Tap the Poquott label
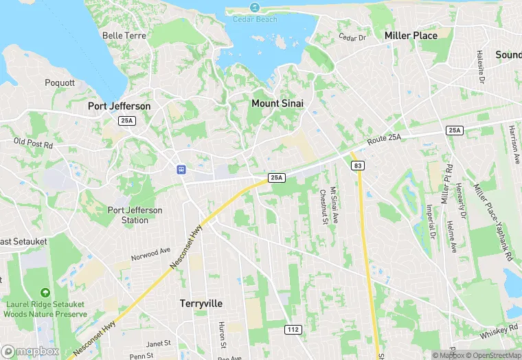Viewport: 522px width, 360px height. (60, 82)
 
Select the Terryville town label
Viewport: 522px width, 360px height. (201, 303)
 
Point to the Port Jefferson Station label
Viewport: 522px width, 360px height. (135, 215)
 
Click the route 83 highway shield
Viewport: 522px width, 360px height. (358, 166)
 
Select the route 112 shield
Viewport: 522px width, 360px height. (293, 330)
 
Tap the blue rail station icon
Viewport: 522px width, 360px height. (181, 169)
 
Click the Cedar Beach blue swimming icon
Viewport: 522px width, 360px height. (254, 8)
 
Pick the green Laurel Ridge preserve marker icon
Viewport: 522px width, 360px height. (45, 293)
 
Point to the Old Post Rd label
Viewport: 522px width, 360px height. (33, 144)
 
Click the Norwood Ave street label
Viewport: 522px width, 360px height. (150, 256)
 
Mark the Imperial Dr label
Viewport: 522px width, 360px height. (431, 221)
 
